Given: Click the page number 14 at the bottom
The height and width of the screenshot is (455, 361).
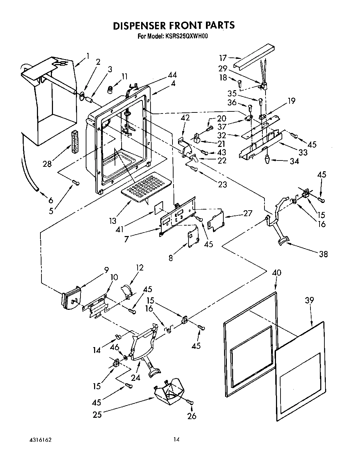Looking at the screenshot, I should pyautogui.click(x=177, y=440).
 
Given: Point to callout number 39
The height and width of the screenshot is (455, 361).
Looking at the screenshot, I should pyautogui.click(x=309, y=300).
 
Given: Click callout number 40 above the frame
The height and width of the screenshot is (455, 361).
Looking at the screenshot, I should pyautogui.click(x=276, y=273).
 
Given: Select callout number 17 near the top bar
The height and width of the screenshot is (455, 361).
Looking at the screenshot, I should pyautogui.click(x=223, y=58).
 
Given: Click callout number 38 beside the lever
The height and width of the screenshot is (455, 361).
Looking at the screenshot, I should pyautogui.click(x=323, y=254).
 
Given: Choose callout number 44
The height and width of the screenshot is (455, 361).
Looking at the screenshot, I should pyautogui.click(x=172, y=75).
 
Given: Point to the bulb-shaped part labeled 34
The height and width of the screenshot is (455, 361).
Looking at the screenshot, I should pyautogui.click(x=267, y=159).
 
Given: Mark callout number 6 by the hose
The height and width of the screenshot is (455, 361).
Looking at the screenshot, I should pyautogui.click(x=51, y=200).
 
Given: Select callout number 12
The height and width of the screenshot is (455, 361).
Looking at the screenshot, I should pyautogui.click(x=140, y=268).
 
